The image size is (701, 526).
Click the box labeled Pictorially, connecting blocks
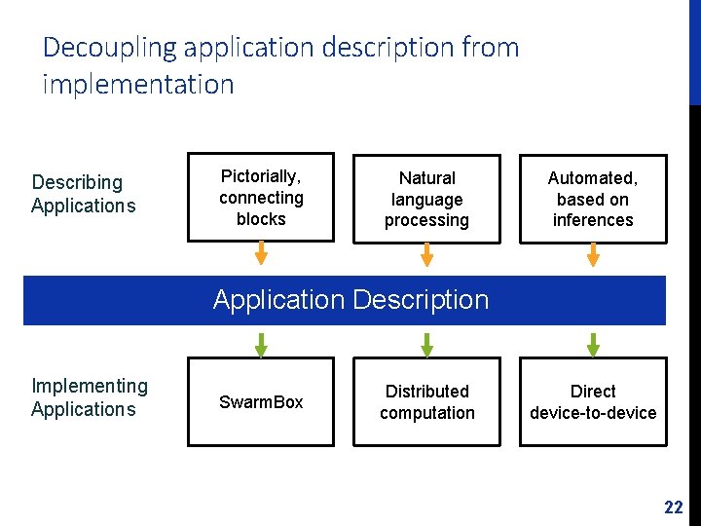click(x=261, y=198)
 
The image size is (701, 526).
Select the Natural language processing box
click(x=426, y=199)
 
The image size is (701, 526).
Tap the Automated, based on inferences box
click(x=593, y=199)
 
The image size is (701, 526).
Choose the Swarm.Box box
click(x=261, y=402)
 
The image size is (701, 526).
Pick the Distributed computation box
click(x=426, y=402)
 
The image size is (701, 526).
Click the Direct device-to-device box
click(x=593, y=402)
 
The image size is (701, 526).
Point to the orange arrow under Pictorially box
click(x=261, y=253)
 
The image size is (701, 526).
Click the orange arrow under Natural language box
click(x=426, y=253)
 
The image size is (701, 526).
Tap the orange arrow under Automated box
click(x=593, y=253)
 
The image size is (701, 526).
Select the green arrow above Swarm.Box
click(x=261, y=345)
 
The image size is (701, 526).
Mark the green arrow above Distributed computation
click(x=426, y=345)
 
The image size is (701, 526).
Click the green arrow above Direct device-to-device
click(x=593, y=345)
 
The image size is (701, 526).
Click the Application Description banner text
click(x=350, y=300)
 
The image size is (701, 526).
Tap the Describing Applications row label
click(x=83, y=194)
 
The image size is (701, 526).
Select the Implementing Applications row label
click(x=89, y=397)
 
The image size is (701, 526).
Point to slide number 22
click(x=673, y=507)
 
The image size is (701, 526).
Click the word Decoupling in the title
click(x=110, y=47)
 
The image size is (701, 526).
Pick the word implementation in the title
click(x=138, y=85)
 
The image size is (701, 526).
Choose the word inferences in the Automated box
click(x=593, y=220)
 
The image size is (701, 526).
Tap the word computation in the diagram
click(x=426, y=413)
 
